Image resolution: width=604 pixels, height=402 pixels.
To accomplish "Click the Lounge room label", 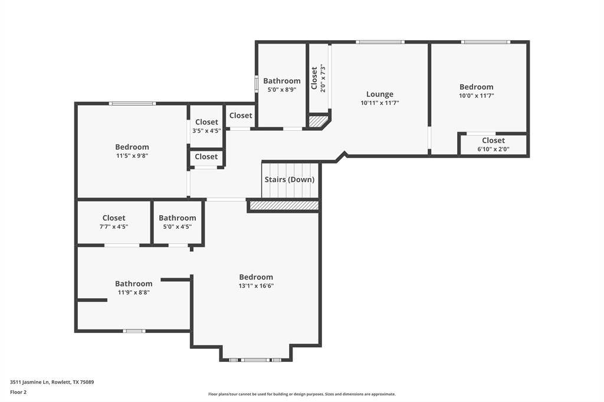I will coord(379,94).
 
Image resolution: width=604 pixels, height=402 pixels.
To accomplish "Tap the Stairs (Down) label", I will coord(289,179).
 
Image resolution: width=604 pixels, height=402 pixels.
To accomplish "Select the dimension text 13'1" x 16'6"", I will coord(256,286).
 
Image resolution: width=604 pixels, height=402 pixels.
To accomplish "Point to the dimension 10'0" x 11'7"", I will coord(476,95).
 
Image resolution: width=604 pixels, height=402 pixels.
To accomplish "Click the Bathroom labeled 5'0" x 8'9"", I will coord(281,81).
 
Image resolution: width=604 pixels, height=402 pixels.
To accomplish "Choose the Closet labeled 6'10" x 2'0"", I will coord(493,140).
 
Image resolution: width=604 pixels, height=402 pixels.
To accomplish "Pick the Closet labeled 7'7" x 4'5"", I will coord(114,218).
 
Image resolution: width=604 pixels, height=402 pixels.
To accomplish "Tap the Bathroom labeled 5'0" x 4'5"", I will coord(177,218).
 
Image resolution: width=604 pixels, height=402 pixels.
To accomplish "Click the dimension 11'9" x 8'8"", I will coord(133,292).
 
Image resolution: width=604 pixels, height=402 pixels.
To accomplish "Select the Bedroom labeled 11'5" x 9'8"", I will coord(132,147).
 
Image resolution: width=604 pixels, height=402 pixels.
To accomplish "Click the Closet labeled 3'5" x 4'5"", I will coord(206,123).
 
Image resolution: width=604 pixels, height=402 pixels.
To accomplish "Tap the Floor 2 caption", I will coord(18,392).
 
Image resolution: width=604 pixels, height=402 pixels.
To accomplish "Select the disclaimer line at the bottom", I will coord(301,394).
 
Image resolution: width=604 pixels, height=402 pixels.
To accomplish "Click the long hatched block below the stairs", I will coord(284,205).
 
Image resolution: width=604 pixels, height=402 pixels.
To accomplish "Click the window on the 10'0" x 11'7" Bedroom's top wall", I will coord(485,42).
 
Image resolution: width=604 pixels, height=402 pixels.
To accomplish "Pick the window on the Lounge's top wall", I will coord(380,42).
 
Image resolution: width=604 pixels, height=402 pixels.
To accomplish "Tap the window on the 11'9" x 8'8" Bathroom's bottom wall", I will coord(134,331).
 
